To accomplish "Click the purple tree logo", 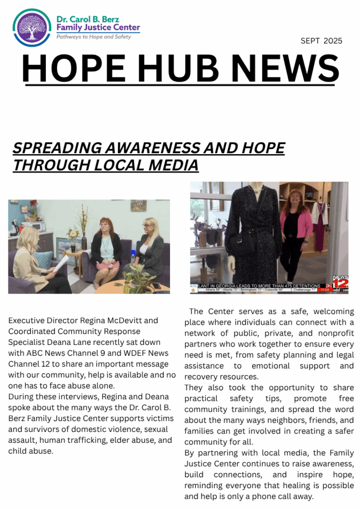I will [x=32, y=28].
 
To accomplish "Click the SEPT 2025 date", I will [x=321, y=41].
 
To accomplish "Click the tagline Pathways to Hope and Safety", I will [x=93, y=37].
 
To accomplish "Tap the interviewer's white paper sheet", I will [x=59, y=262].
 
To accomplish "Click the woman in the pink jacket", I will [x=296, y=229].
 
